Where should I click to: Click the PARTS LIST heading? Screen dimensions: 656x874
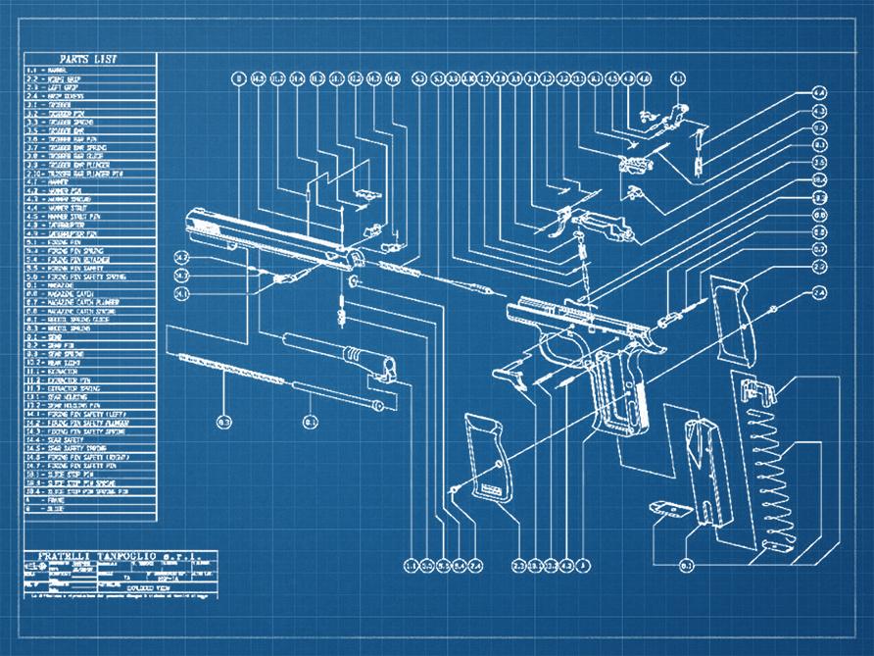pos(89,59)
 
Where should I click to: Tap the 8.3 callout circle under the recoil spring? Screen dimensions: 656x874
pos(223,422)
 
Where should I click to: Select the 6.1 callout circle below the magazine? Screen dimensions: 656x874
pos(686,565)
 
